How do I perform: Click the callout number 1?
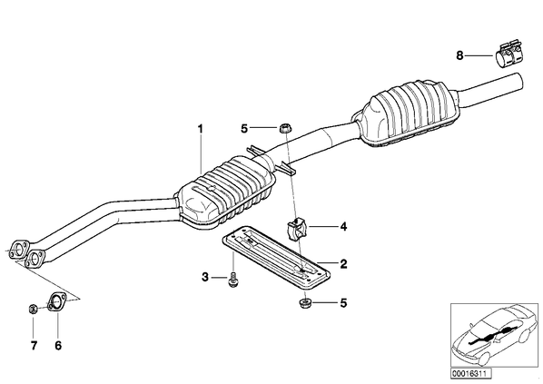point(200,129)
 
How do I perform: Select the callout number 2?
point(343,264)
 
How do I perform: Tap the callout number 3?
point(205,278)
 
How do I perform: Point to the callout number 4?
point(343,227)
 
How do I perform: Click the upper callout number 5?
point(244,129)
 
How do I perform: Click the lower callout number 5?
point(343,303)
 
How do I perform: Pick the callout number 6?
point(58,345)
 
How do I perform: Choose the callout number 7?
point(34,345)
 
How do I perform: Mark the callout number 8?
point(459,55)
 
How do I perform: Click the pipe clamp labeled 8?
point(508,56)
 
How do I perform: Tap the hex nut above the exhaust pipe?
point(284,129)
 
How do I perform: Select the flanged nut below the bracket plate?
point(305,303)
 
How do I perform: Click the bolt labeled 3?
point(232,279)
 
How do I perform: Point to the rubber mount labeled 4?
point(296,229)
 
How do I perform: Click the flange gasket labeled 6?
point(56,302)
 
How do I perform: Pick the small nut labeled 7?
point(33,308)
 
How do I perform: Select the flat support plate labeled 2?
point(276,256)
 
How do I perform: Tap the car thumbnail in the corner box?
point(495,335)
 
